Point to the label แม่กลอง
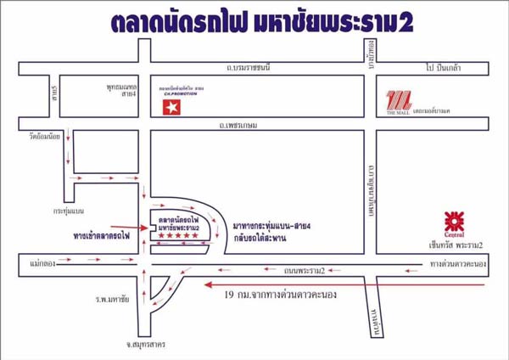[40, 264]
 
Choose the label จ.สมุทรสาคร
[136, 345]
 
